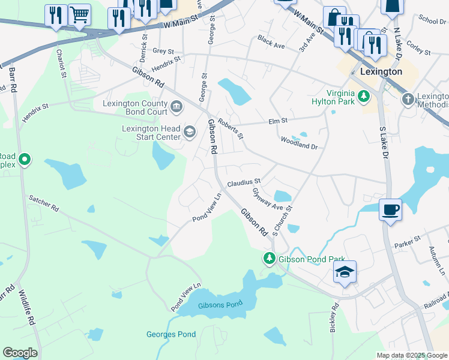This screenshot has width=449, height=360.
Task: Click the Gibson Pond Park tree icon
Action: pyautogui.click(x=269, y=259)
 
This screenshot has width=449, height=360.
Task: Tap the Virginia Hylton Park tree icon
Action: pyautogui.click(x=363, y=95)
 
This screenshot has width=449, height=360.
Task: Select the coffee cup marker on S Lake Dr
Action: pyautogui.click(x=390, y=209)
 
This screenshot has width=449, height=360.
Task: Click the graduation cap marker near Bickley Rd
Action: pyautogui.click(x=345, y=272)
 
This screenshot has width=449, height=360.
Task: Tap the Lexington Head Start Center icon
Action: pyautogui.click(x=190, y=132)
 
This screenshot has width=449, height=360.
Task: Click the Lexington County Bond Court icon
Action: pyautogui.click(x=176, y=107)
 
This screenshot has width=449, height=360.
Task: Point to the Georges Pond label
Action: pyautogui.click(x=170, y=334)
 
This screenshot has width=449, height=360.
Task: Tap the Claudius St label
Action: pyautogui.click(x=244, y=181)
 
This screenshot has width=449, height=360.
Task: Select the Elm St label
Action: pyautogui.click(x=278, y=121)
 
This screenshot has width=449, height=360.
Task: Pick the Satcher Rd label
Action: pyautogui.click(x=44, y=203)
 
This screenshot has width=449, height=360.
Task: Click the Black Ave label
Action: pyautogui.click(x=271, y=42)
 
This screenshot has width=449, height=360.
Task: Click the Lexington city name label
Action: pyautogui.click(x=381, y=71)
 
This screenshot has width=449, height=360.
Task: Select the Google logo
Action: pyautogui.click(x=20, y=353)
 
